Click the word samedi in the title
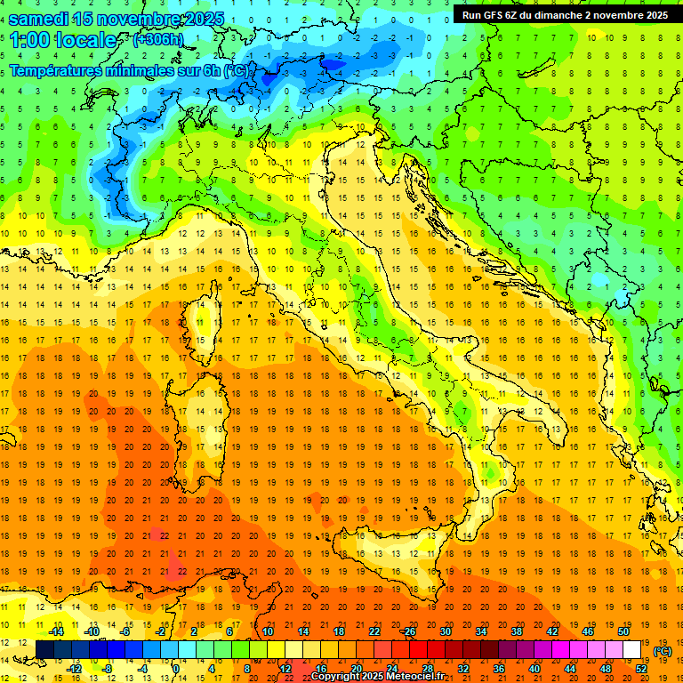(x=39, y=19)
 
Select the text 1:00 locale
(x=62, y=40)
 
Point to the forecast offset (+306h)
(x=158, y=40)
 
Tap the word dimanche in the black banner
(x=562, y=14)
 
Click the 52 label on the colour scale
(x=641, y=669)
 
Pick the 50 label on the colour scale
(x=623, y=631)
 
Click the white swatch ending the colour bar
(x=632, y=650)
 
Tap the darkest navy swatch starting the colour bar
(x=44, y=650)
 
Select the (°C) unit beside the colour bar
(x=663, y=651)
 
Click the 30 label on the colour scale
(x=446, y=631)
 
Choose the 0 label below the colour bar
(x=176, y=669)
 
